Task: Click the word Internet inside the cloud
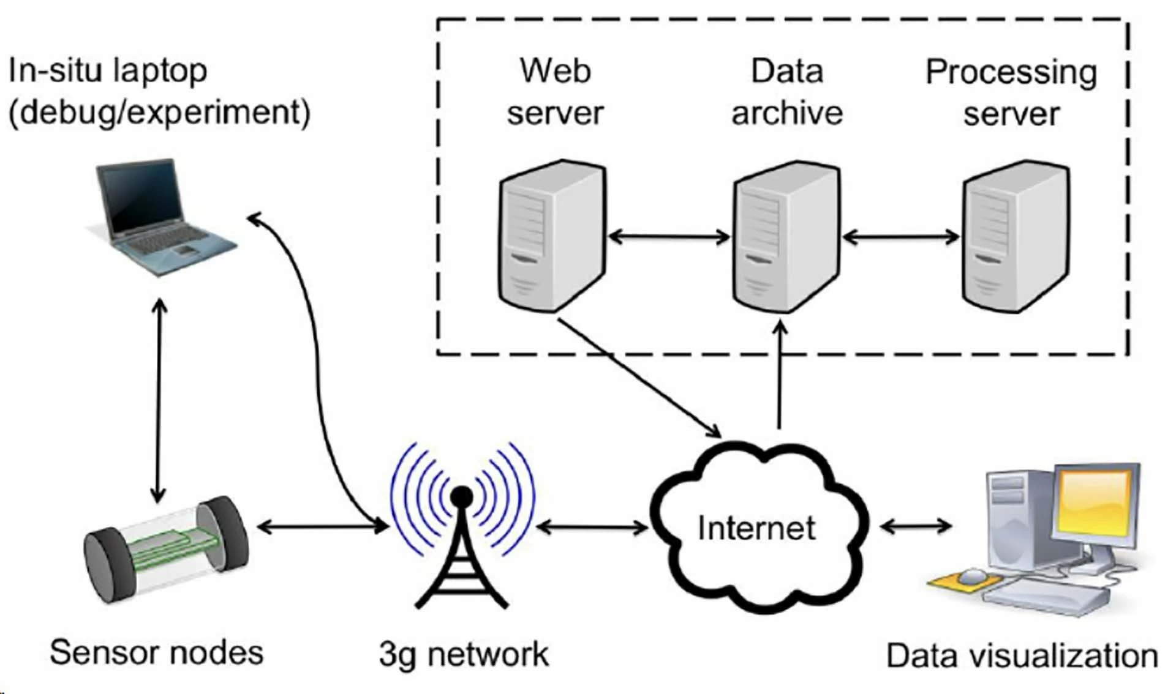click(x=756, y=528)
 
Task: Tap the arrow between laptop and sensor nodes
click(x=159, y=401)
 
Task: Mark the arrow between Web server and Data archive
click(x=669, y=236)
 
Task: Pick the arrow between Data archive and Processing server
click(x=901, y=236)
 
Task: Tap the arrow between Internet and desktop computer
click(x=916, y=525)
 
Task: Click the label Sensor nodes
click(x=157, y=652)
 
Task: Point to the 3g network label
click(x=464, y=654)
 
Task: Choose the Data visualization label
click(x=1022, y=655)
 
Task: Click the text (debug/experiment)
click(x=160, y=113)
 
